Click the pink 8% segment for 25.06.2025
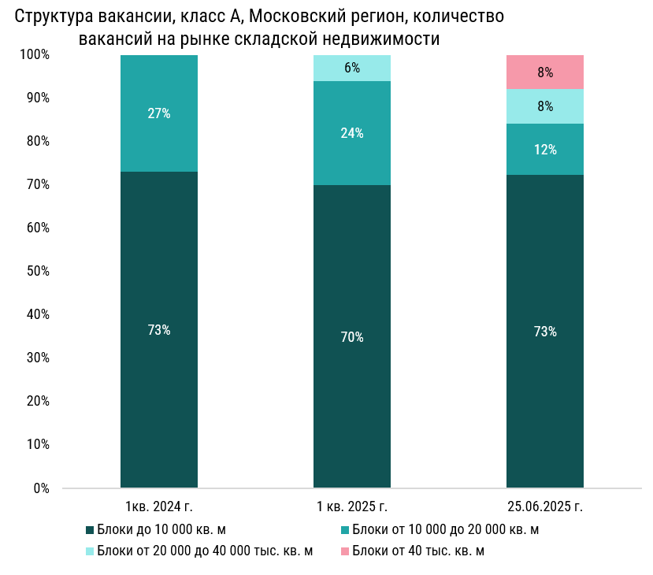coord(544,72)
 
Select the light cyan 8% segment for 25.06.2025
coord(544,106)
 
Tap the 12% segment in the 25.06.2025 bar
coord(544,150)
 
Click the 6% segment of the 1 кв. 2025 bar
coord(352,69)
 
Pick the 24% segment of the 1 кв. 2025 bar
coord(352,133)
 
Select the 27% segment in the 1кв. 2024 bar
coord(159,113)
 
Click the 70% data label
coord(352,337)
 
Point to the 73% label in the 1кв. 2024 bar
coord(159,330)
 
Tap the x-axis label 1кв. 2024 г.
coord(159,506)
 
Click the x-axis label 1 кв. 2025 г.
coord(352,506)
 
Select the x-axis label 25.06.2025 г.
coord(544,506)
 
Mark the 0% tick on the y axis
coord(42,488)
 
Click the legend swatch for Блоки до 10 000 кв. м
coord(90,530)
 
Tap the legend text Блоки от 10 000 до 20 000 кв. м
coord(446,529)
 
